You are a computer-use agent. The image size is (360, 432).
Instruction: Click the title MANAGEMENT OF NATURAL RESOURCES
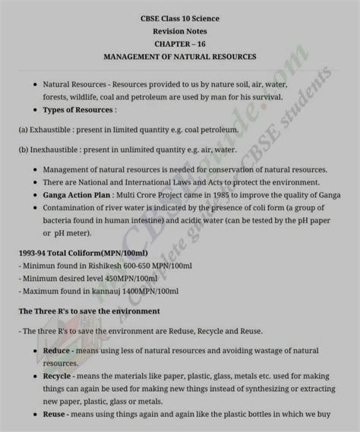click(180, 57)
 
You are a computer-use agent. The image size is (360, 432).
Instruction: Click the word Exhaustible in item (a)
click(54, 130)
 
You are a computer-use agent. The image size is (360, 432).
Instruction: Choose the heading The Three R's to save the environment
click(89, 311)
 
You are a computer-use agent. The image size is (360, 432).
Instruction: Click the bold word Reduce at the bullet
click(57, 352)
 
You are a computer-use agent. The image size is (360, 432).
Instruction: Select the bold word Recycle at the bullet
click(58, 376)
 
